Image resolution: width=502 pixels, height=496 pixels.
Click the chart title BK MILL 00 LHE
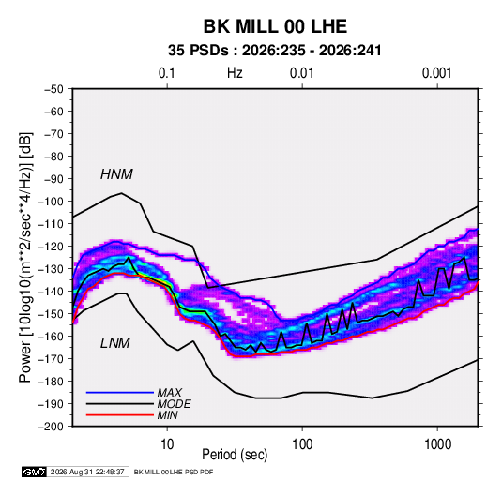point(275,26)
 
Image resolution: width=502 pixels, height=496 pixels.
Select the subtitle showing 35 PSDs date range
point(275,51)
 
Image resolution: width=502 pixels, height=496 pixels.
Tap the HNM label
point(116,174)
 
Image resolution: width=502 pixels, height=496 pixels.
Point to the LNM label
point(115,343)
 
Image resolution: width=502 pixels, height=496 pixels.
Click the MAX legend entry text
point(170,392)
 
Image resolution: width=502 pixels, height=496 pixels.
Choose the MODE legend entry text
point(175,404)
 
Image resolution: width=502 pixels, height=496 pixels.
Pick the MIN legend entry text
point(167,415)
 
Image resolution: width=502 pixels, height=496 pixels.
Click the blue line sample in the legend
point(120,392)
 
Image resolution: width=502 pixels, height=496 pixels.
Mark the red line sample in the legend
point(120,415)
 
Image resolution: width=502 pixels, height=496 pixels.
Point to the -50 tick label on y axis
point(53,89)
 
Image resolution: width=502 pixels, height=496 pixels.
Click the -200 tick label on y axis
point(51,427)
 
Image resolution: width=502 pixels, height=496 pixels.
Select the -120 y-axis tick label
point(51,247)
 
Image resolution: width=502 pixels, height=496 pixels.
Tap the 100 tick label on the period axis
point(302,444)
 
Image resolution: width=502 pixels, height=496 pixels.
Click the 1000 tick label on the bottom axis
point(437,444)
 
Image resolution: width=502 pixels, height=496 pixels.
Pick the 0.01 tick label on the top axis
point(301,73)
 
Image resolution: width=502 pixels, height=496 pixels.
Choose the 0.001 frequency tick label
point(436,73)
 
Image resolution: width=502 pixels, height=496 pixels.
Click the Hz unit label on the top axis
point(235,73)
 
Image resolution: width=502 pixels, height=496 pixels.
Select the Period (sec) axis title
point(235,455)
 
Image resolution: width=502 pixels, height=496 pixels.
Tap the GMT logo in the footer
point(35,472)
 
